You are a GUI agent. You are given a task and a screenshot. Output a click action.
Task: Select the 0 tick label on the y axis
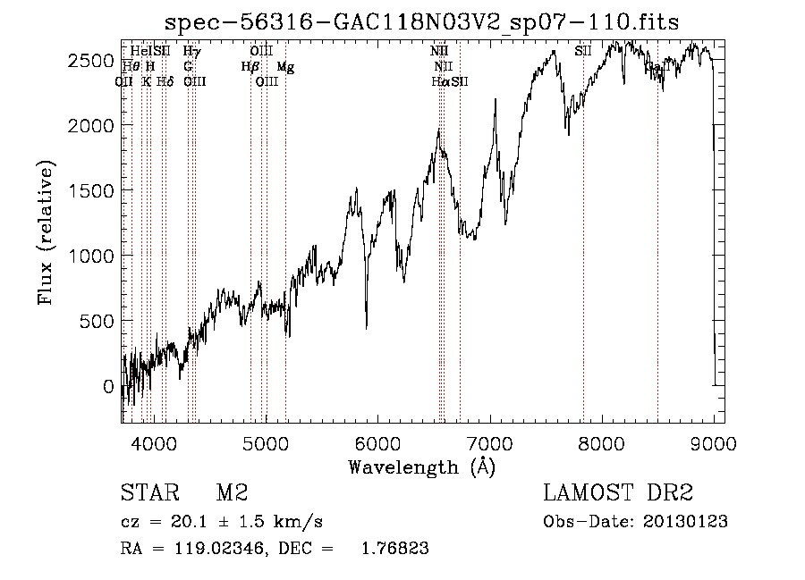(x=108, y=386)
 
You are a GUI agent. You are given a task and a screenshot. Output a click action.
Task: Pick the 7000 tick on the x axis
(x=490, y=442)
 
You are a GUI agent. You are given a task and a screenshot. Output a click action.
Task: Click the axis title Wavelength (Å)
(x=421, y=467)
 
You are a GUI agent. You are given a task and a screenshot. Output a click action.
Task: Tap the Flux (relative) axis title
(x=46, y=233)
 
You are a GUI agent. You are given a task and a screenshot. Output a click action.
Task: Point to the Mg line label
(x=285, y=67)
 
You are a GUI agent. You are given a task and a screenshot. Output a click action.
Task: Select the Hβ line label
(x=250, y=67)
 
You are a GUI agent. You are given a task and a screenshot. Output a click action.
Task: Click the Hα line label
(x=439, y=81)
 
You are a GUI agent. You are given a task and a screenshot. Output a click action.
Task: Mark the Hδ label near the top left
(x=165, y=81)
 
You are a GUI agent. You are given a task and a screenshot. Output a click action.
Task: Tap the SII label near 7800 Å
(x=583, y=51)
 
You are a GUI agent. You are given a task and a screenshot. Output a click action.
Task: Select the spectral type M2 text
(x=232, y=492)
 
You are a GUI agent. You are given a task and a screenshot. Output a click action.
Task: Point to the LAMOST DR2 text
(x=618, y=492)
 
